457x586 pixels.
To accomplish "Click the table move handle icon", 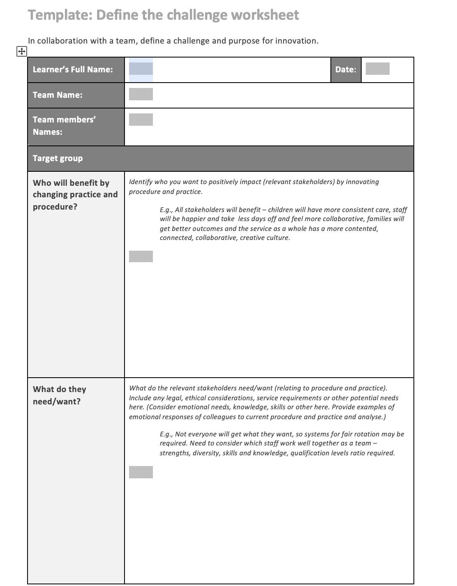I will [x=21, y=51].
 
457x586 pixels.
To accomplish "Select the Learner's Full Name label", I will [x=73, y=69].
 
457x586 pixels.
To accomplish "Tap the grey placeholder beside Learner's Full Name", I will [x=141, y=69].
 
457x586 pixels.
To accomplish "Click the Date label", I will [x=346, y=69].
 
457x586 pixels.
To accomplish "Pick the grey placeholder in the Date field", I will [x=377, y=69].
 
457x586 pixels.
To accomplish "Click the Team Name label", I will [x=58, y=95].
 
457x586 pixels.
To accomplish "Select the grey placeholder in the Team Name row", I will [x=141, y=94].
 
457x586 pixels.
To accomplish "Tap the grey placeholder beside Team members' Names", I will [x=141, y=120].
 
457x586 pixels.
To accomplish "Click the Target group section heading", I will [x=58, y=158].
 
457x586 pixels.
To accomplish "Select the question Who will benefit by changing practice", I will [x=75, y=194].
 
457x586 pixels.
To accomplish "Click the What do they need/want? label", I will [x=59, y=395].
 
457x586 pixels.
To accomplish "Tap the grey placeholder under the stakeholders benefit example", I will [x=141, y=256].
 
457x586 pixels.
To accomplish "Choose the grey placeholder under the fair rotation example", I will [x=141, y=472].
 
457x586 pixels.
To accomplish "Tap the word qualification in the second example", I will [x=310, y=453].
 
